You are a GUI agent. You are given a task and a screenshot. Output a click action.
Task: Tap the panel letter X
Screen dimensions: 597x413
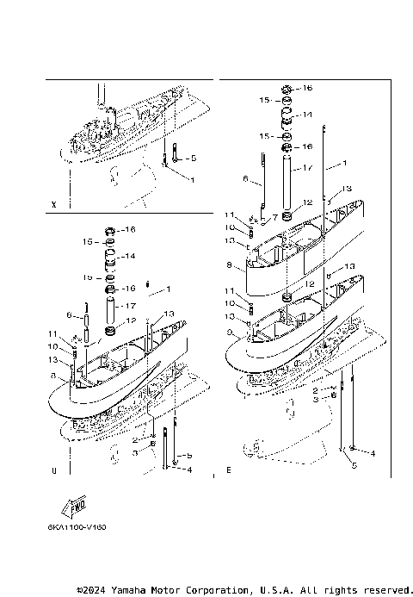click(54, 205)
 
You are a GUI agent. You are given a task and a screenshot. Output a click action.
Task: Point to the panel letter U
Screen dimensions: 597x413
click(54, 471)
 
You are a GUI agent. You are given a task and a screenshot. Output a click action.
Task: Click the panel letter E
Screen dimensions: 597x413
click(228, 471)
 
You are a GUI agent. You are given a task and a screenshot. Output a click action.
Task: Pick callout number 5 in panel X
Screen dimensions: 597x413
click(194, 159)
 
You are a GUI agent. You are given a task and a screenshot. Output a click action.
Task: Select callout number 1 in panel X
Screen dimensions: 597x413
click(192, 180)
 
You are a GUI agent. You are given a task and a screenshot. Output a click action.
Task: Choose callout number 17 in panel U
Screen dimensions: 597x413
click(131, 305)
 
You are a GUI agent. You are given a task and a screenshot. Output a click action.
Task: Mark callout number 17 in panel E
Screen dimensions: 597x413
click(308, 167)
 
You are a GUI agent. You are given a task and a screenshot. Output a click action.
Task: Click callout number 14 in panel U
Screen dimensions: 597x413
click(132, 257)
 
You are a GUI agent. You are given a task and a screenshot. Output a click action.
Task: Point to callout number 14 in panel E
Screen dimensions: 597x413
click(307, 115)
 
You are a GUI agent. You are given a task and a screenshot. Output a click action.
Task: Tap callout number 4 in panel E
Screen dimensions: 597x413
click(373, 452)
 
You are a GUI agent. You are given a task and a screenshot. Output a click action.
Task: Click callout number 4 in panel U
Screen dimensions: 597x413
click(189, 470)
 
